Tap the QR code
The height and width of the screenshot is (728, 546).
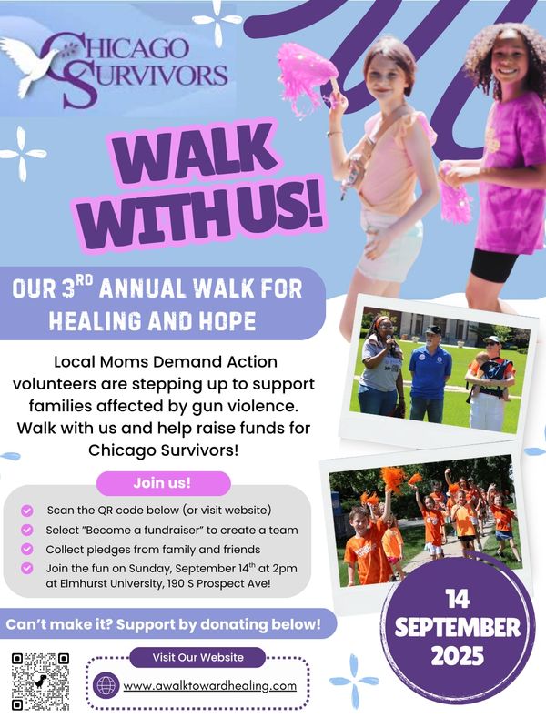(x=41, y=682)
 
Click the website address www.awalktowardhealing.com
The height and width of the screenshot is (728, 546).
(x=210, y=686)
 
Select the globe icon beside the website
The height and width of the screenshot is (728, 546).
(x=106, y=685)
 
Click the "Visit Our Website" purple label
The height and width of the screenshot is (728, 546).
(x=197, y=657)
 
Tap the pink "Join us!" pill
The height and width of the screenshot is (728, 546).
(x=163, y=483)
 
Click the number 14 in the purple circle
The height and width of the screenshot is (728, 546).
(x=458, y=599)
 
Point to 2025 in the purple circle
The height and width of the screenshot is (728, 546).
(x=458, y=656)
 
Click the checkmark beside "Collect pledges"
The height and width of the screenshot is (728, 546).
(x=27, y=550)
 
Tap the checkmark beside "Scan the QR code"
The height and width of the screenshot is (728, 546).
(x=27, y=511)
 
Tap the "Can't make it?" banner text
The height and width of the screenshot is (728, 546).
(x=163, y=624)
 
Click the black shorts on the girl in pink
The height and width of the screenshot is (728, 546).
(x=494, y=266)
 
